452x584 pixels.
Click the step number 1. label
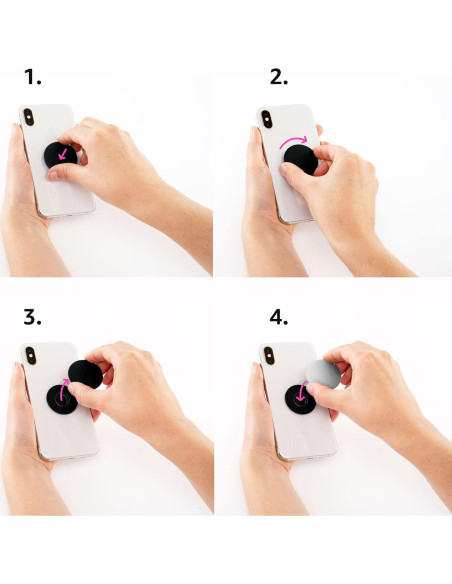35,76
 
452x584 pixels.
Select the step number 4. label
278,318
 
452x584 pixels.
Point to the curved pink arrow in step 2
295,139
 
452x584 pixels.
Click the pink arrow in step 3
65,386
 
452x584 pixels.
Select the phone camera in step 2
267,118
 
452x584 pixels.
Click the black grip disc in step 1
59,157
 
